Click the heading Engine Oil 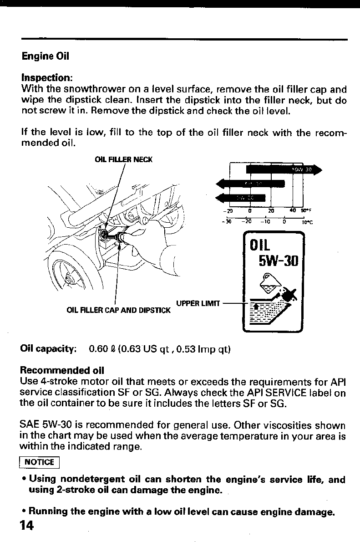tap(46, 57)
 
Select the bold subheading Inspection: tap(47, 77)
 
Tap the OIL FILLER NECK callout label tap(124, 159)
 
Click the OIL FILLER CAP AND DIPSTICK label tap(118, 311)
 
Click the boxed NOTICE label tap(39, 462)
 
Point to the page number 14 tap(27, 525)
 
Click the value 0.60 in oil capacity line tap(98, 349)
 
